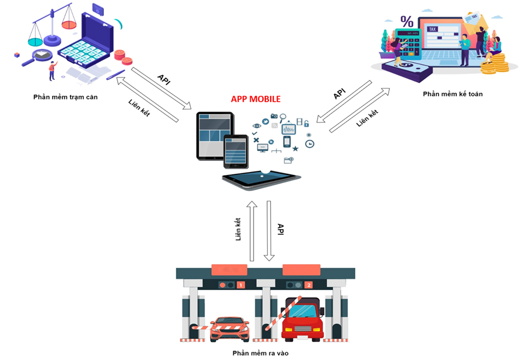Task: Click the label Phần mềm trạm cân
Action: [x=66, y=97]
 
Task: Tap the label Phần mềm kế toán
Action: [x=453, y=94]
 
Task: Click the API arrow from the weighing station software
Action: [x=162, y=89]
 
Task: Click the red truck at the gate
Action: [x=302, y=322]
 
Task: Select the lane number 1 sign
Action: [x=240, y=285]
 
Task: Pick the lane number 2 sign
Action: [x=309, y=285]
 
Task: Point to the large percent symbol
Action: [x=406, y=22]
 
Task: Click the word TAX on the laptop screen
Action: [x=433, y=29]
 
